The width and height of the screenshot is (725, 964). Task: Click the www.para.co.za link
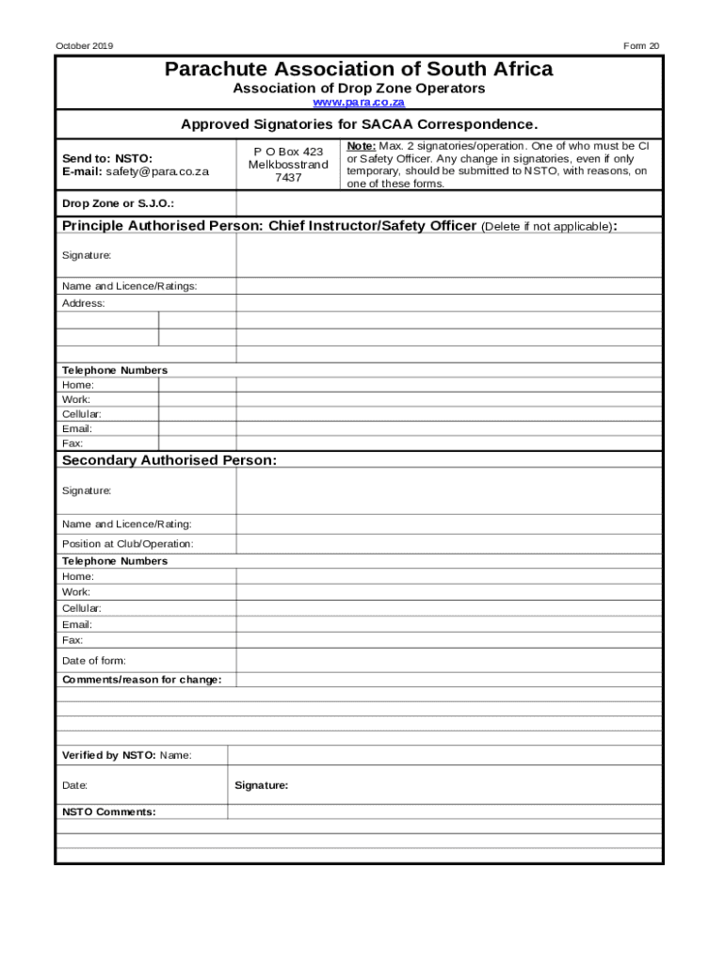tap(359, 102)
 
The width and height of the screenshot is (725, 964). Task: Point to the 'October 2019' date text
tap(85, 46)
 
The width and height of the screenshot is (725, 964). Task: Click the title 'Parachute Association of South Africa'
tap(359, 70)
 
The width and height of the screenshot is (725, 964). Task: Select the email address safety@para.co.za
tap(157, 172)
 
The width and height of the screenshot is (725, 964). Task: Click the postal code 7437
tap(288, 178)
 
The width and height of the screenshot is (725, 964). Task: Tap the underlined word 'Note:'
tap(362, 147)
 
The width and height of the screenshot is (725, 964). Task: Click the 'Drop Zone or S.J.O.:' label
tap(118, 204)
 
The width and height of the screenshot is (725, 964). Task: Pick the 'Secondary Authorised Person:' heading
tap(169, 460)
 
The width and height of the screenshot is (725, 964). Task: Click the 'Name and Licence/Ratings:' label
tap(130, 286)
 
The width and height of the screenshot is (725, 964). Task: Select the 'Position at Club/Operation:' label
tap(128, 544)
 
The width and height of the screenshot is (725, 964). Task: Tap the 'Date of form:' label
tap(94, 661)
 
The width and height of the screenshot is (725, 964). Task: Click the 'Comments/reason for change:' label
tap(142, 680)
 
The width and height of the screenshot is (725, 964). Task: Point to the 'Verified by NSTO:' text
tap(109, 755)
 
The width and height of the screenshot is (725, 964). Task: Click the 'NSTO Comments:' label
tap(109, 811)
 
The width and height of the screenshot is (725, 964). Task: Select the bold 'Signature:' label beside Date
tap(262, 785)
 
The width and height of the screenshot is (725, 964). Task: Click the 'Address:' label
tap(84, 303)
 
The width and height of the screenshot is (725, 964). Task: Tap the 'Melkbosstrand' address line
tap(288, 165)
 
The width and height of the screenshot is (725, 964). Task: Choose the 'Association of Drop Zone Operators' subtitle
tap(359, 88)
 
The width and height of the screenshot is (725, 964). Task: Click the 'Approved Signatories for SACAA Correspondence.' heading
tap(359, 124)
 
